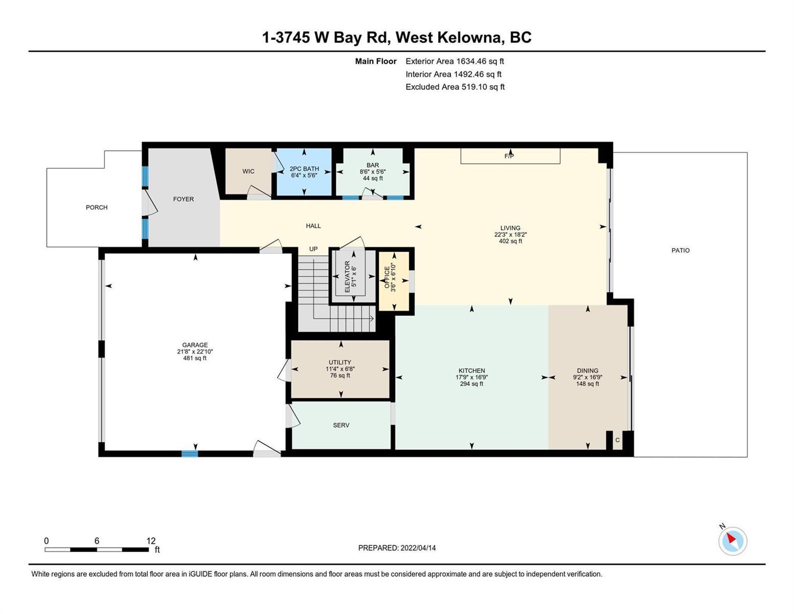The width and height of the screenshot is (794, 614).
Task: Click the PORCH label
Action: pos(97,207)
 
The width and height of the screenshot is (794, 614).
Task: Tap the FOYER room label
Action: pos(184,199)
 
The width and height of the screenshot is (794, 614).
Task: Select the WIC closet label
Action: pos(248,171)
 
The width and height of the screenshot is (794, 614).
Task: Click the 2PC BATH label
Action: pos(304,168)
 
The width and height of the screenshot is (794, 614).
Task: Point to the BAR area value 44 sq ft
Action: pos(373,179)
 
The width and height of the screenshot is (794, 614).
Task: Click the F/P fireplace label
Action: pos(509,156)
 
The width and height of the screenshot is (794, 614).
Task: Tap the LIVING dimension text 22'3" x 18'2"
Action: pos(510,235)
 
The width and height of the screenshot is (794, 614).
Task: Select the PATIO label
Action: pos(680,251)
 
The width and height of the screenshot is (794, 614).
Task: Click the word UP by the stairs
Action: pos(313,249)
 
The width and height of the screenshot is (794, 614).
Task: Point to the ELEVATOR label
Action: pos(347,276)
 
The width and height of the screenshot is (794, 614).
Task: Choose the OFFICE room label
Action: pos(387,277)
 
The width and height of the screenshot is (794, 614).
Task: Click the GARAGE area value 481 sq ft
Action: pos(195,358)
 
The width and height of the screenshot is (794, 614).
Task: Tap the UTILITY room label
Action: pos(340,362)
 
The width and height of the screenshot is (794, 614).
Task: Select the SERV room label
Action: pos(341,425)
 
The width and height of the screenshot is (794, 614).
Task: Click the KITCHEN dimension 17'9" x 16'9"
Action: pos(472,378)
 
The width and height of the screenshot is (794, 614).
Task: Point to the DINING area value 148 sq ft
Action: pos(587,384)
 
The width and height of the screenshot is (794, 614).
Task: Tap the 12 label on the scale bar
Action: pos(151,541)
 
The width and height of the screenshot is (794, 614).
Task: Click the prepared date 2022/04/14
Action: pos(418,548)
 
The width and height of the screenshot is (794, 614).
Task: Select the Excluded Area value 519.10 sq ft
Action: pos(483,87)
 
